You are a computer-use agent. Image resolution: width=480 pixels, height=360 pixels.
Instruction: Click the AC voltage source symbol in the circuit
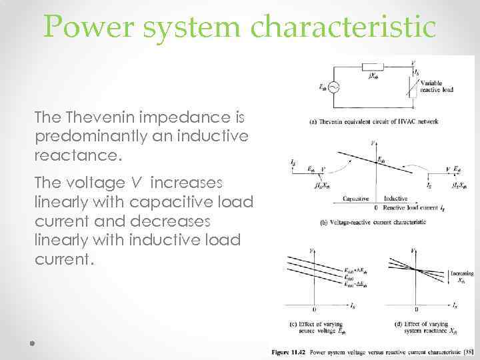click(333, 87)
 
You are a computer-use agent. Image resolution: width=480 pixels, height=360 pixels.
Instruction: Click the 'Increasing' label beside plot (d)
click(461, 274)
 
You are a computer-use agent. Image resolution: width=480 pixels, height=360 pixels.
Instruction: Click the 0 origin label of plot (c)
click(313, 310)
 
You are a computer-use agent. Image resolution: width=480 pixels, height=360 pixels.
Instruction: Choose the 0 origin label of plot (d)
click(417, 310)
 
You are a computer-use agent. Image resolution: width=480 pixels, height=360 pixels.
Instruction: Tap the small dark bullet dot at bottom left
click(31, 344)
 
